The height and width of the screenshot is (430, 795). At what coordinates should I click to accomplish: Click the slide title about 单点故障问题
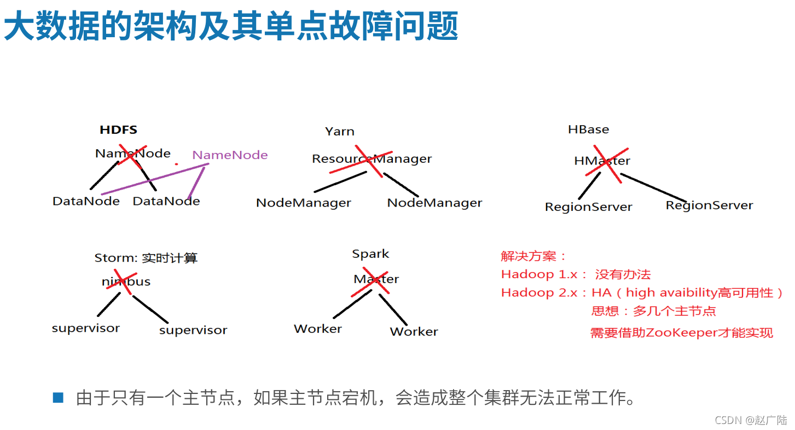[231, 27]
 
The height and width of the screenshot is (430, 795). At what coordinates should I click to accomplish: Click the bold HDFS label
[118, 130]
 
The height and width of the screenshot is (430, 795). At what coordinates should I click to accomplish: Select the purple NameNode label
[230, 155]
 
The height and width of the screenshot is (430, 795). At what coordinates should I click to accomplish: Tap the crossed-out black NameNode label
[133, 154]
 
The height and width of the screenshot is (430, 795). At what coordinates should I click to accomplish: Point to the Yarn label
[339, 132]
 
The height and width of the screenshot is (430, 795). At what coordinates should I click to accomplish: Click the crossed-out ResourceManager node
[372, 159]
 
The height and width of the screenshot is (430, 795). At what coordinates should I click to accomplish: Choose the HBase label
[588, 129]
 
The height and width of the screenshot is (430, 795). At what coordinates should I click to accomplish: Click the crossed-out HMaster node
[602, 161]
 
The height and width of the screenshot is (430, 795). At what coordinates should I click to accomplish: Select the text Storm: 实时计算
[146, 258]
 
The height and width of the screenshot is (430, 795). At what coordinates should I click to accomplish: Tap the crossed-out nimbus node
[126, 282]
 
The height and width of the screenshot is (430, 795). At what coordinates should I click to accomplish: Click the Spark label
[370, 254]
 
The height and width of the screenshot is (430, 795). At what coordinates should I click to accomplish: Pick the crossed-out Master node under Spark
[376, 279]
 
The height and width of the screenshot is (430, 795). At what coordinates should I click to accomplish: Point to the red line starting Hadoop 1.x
[576, 274]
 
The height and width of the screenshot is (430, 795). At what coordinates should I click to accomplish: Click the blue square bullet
[58, 398]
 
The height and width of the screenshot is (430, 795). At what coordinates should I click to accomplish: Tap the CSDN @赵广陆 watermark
[751, 420]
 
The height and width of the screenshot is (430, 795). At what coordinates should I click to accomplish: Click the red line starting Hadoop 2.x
[642, 293]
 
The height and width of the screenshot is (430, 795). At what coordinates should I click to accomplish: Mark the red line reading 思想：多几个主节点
[653, 311]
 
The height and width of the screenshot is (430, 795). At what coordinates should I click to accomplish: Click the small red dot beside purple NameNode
[176, 164]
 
